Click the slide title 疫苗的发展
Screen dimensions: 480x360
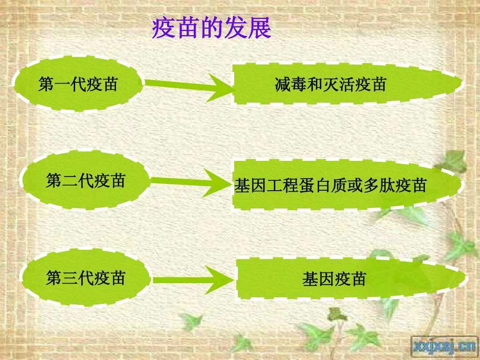212,28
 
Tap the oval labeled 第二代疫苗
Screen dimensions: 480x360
86,180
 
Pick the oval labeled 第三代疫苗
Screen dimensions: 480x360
86,278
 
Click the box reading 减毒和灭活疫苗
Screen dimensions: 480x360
348,84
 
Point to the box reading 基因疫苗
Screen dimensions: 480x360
352,279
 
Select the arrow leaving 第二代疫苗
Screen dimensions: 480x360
190,183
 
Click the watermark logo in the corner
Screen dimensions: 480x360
445,346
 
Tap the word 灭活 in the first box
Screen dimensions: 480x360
339,84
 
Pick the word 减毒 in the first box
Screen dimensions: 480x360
291,84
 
